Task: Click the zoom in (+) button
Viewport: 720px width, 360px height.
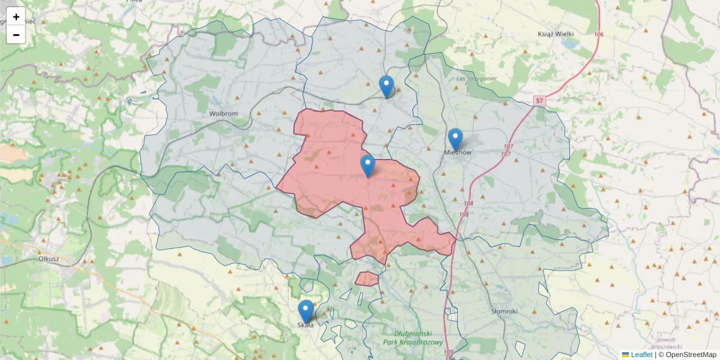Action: coord(16,17)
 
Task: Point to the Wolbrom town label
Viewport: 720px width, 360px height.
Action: coord(223,113)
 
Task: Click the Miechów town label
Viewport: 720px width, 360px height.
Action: coord(458,152)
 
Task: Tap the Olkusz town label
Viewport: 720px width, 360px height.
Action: coord(47,259)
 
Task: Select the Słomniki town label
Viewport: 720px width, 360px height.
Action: coord(504,311)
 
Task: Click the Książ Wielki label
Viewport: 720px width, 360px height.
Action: coord(559,34)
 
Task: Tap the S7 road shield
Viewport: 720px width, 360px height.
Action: coord(539,101)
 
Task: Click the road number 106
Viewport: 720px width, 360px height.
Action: coord(599,34)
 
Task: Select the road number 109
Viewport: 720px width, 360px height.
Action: coord(448,352)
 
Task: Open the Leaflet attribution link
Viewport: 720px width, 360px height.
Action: coord(641,355)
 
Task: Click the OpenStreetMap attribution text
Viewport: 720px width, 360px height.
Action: coord(691,355)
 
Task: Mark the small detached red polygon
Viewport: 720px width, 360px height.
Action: coord(367,279)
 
